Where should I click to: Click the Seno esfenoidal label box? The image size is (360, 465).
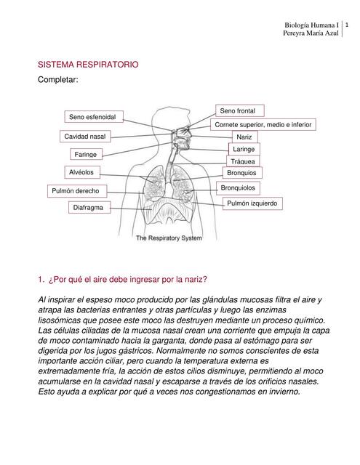(x=94, y=117)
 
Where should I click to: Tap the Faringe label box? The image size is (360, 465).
(x=85, y=154)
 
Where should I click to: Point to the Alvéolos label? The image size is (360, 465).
(x=81, y=172)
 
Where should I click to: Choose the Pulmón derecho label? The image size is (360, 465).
(x=79, y=190)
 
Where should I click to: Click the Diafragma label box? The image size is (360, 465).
(x=88, y=208)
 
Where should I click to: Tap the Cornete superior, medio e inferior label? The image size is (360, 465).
(x=263, y=124)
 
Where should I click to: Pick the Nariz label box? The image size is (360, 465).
(x=243, y=137)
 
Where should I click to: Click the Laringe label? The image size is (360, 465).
(x=244, y=149)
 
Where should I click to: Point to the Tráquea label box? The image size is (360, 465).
(x=243, y=161)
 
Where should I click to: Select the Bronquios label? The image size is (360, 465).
(x=241, y=173)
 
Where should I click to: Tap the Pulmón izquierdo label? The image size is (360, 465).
(x=252, y=203)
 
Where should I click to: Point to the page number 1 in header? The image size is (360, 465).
(x=347, y=25)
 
